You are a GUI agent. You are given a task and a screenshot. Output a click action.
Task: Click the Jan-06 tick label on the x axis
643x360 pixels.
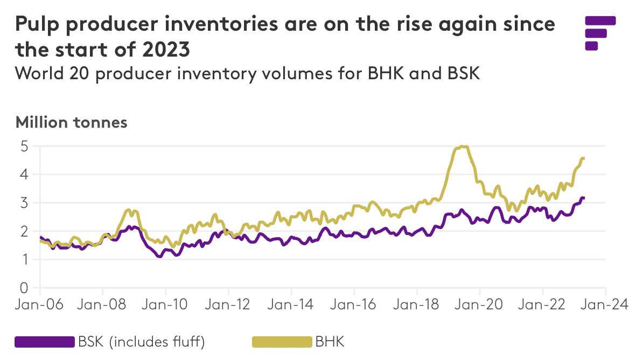click(40, 304)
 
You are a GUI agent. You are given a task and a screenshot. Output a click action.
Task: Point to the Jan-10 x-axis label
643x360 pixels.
click(165, 304)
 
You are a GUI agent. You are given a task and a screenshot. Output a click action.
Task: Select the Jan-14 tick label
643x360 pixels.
click(291, 304)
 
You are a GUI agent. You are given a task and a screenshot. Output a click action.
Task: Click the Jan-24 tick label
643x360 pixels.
click(606, 304)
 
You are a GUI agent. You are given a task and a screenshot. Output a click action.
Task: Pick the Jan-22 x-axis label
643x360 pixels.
click(543, 304)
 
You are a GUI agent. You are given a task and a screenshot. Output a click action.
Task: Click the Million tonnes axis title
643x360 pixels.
click(72, 122)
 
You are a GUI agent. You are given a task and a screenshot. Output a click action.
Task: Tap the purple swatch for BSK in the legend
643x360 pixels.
click(45, 342)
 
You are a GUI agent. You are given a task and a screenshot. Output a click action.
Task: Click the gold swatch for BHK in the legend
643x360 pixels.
click(282, 342)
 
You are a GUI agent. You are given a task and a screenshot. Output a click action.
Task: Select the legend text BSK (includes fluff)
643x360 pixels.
click(141, 342)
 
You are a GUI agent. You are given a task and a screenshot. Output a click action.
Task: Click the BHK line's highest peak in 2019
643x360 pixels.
click(462, 147)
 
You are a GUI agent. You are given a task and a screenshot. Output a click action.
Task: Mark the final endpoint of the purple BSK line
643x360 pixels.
click(583, 198)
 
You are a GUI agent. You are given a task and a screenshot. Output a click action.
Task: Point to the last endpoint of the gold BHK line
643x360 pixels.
click(583, 158)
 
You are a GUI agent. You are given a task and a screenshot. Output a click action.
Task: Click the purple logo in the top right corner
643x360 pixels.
click(600, 33)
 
